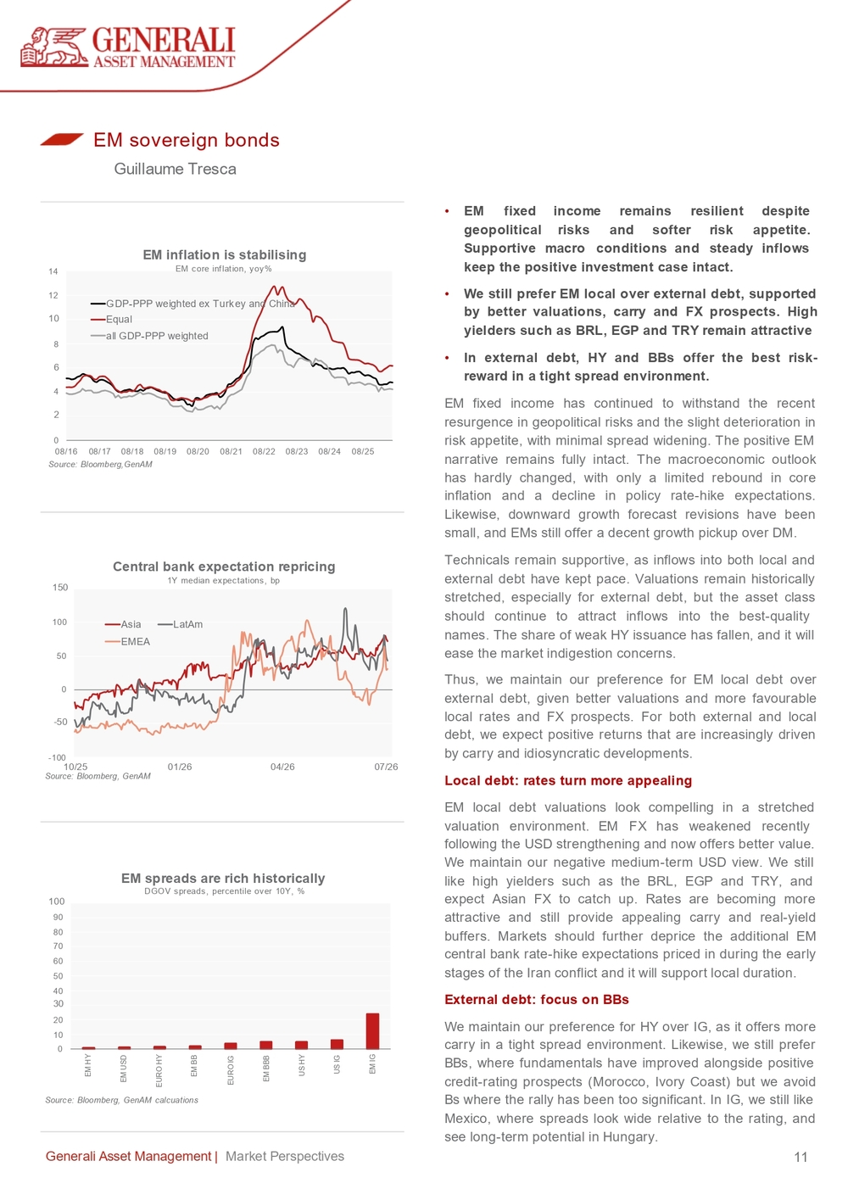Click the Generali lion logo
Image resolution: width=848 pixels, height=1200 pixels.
(54, 47)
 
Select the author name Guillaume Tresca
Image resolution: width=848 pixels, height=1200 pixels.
(175, 169)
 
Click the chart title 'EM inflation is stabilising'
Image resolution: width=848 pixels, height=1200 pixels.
(225, 254)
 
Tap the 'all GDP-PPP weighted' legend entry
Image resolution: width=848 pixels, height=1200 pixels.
(149, 336)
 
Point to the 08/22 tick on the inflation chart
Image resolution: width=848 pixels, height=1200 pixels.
(264, 452)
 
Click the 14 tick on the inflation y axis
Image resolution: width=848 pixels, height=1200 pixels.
(53, 271)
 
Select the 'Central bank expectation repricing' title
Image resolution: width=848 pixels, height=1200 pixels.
(224, 567)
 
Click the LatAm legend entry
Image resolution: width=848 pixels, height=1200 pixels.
(181, 624)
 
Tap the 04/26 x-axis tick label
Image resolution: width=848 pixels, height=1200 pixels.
(282, 767)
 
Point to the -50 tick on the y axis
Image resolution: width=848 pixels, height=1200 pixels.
(60, 722)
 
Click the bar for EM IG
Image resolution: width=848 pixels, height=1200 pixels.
(372, 1030)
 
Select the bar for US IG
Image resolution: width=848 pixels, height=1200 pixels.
(337, 1044)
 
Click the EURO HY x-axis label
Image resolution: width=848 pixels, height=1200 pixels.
(159, 1070)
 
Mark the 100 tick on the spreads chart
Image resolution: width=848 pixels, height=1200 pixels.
(56, 901)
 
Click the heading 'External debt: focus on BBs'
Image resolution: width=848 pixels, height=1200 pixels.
(536, 1000)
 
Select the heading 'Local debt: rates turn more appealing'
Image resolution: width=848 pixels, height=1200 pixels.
(568, 780)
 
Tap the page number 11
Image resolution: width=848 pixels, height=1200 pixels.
(801, 1157)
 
